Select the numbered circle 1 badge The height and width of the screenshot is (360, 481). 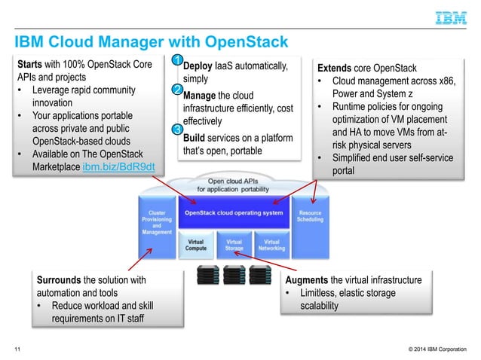pyautogui.click(x=176, y=60)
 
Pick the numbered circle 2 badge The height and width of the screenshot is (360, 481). pyautogui.click(x=176, y=91)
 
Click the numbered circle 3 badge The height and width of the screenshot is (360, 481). pyautogui.click(x=176, y=130)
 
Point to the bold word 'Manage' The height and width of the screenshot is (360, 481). pyautogui.click(x=201, y=96)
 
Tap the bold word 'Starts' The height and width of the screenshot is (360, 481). pyautogui.click(x=32, y=64)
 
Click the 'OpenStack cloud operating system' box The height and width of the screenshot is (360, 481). pyautogui.click(x=234, y=213)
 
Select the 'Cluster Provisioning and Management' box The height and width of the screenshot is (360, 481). pyautogui.click(x=156, y=222)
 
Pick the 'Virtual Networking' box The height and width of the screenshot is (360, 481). pyautogui.click(x=271, y=246)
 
